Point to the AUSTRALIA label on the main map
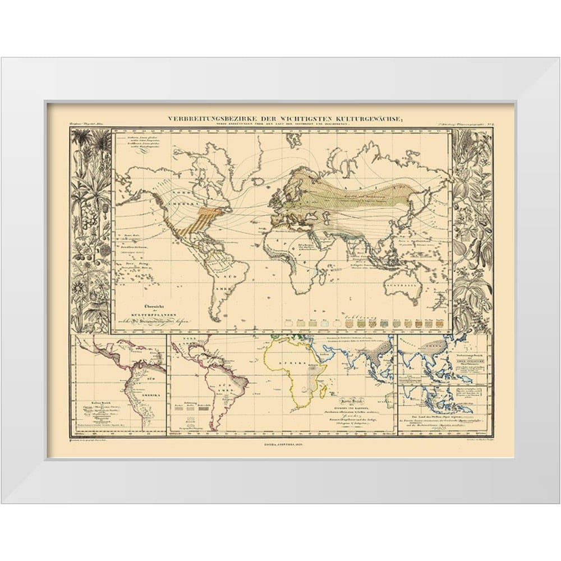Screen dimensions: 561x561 click(401, 286)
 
